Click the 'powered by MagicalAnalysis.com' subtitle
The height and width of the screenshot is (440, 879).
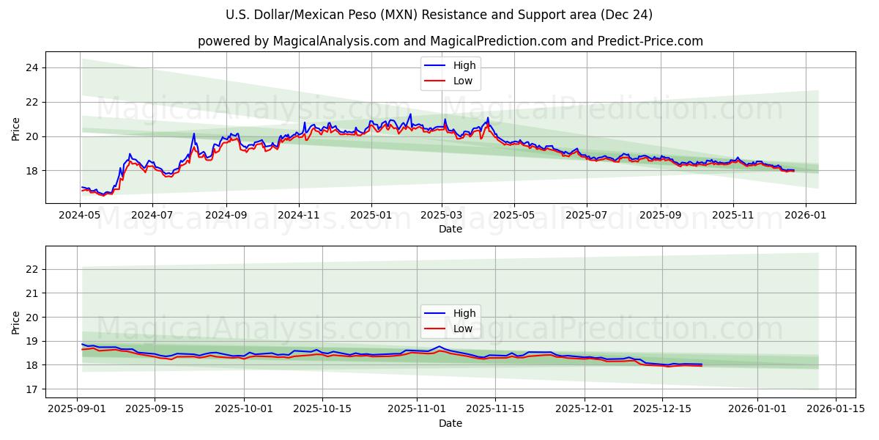pos(450,41)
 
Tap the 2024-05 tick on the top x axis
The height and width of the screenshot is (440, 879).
pos(81,216)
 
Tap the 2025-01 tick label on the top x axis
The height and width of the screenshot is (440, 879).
pos(371,216)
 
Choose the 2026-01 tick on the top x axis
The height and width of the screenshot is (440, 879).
pos(806,216)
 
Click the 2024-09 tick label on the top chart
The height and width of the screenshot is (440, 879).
pos(226,216)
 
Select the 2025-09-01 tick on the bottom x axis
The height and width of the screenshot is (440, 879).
pos(78,409)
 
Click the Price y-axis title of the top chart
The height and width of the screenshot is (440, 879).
pos(16,128)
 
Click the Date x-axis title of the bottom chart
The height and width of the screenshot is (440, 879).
pos(450,423)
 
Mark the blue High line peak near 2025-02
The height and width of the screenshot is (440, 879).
pos(410,114)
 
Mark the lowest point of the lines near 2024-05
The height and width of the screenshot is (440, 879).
pos(103,196)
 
